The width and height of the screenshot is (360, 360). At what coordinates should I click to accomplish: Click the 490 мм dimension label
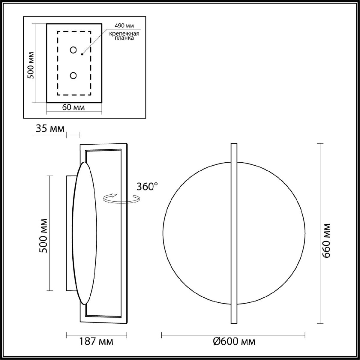pyautogui.click(x=123, y=26)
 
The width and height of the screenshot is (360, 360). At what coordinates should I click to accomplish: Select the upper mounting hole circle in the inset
pyautogui.click(x=73, y=50)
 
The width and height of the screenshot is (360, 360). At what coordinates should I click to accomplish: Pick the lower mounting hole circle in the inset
pyautogui.click(x=73, y=76)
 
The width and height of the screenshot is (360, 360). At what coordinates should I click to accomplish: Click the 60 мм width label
pyautogui.click(x=73, y=108)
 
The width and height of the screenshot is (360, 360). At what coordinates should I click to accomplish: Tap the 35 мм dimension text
pyautogui.click(x=50, y=129)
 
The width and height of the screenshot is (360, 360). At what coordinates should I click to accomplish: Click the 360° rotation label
pyautogui.click(x=147, y=187)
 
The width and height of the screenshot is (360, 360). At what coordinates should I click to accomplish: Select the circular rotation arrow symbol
pyautogui.click(x=121, y=198)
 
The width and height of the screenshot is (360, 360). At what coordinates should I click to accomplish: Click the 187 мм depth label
pyautogui.click(x=96, y=341)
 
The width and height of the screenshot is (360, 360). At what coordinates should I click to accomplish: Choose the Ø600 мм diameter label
pyautogui.click(x=234, y=341)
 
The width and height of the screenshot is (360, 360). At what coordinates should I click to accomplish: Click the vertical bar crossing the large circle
pyautogui.click(x=234, y=233)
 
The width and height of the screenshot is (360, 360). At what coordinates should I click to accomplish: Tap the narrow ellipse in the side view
pyautogui.click(x=85, y=233)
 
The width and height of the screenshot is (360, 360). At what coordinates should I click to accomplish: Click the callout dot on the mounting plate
pyautogui.click(x=82, y=54)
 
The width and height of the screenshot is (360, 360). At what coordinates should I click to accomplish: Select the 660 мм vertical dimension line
pyautogui.click(x=320, y=233)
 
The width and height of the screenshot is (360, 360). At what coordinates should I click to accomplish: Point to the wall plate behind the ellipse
pyautogui.click(x=69, y=233)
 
